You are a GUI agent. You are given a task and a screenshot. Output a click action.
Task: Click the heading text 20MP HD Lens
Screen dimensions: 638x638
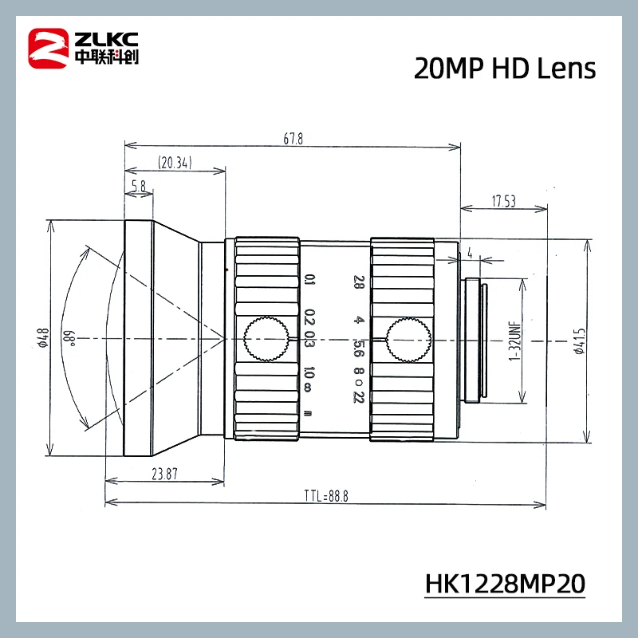point(504,69)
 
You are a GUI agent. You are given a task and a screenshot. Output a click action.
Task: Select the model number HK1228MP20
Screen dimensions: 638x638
point(505,582)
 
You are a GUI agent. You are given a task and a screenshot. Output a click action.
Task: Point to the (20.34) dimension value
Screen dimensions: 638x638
point(175,163)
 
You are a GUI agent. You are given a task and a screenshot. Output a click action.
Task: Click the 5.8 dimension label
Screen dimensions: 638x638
point(138,186)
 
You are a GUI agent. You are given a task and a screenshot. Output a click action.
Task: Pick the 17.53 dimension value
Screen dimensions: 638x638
point(504,203)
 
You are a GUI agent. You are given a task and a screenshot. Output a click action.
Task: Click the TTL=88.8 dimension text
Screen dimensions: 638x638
point(325,495)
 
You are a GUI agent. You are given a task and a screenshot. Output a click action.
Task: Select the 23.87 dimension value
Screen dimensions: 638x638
point(163,472)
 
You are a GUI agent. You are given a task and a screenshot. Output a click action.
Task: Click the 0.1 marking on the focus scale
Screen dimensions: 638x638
point(309,281)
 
